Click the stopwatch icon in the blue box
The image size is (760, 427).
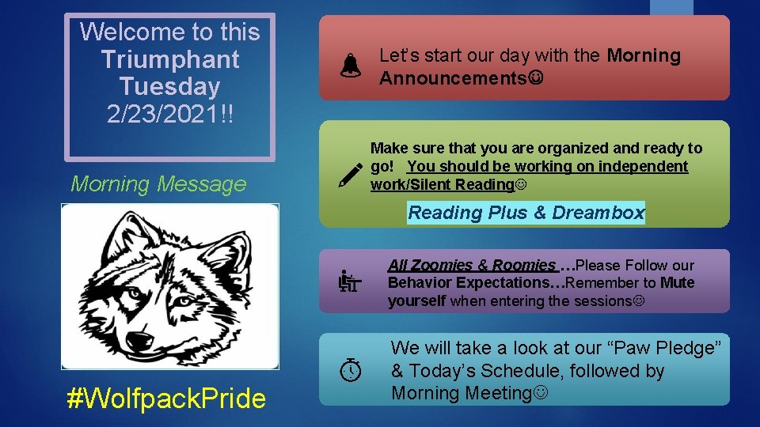[350, 368]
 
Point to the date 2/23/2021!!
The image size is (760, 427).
[170, 112]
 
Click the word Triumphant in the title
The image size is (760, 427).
[170, 59]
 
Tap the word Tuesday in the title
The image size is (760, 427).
[170, 85]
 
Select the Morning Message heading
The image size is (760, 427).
[159, 184]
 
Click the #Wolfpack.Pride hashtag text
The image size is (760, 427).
[166, 399]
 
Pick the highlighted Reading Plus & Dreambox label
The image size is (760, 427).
[526, 213]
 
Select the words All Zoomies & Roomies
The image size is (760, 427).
[472, 266]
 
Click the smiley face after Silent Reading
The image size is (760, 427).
[521, 185]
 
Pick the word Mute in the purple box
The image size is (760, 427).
[677, 283]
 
